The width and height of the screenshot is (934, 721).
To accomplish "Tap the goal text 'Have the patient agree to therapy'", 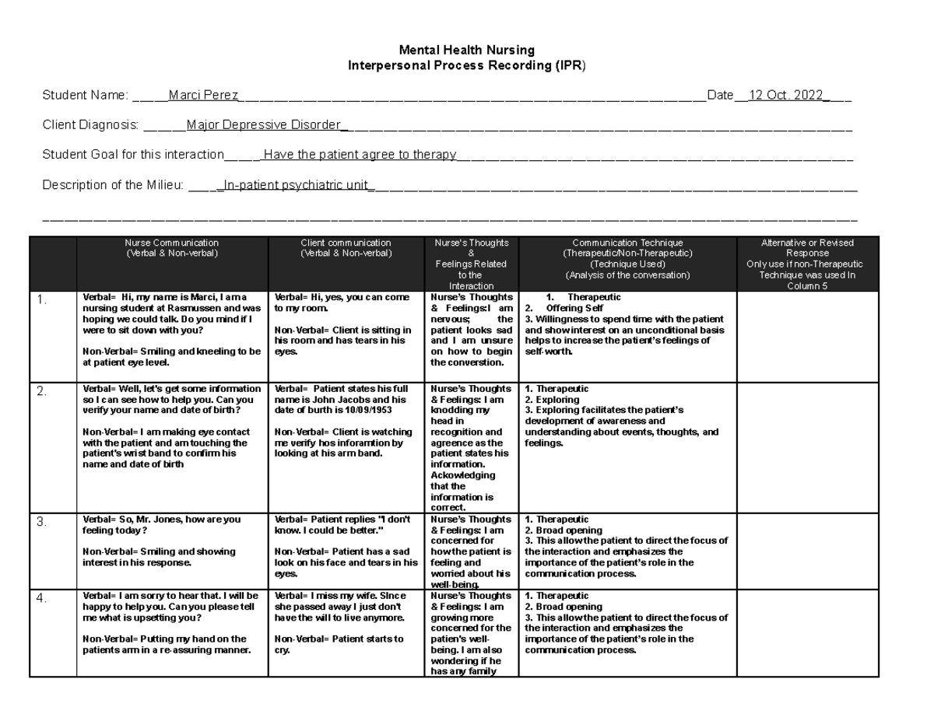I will (x=360, y=155).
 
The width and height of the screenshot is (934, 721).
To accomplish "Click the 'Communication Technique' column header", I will (x=627, y=243).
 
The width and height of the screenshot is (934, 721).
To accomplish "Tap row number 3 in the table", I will (x=42, y=523).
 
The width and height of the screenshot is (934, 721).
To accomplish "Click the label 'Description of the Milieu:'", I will (x=113, y=184).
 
